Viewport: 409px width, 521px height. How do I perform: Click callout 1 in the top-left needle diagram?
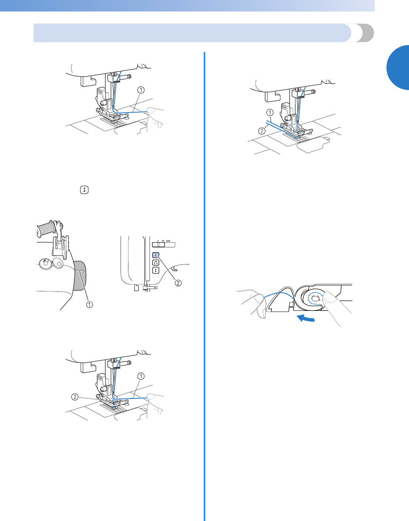[141, 90]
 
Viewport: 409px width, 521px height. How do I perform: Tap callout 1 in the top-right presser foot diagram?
[270, 112]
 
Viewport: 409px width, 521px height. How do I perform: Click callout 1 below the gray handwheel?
[90, 305]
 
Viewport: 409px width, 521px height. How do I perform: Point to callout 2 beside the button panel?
[178, 283]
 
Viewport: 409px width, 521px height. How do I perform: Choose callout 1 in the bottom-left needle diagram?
[141, 375]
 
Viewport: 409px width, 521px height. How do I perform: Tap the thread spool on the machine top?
[46, 229]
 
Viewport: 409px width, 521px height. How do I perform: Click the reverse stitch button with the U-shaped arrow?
[156, 262]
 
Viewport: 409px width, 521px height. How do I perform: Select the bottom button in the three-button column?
[156, 270]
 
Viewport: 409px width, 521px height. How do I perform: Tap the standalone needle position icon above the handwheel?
[84, 190]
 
